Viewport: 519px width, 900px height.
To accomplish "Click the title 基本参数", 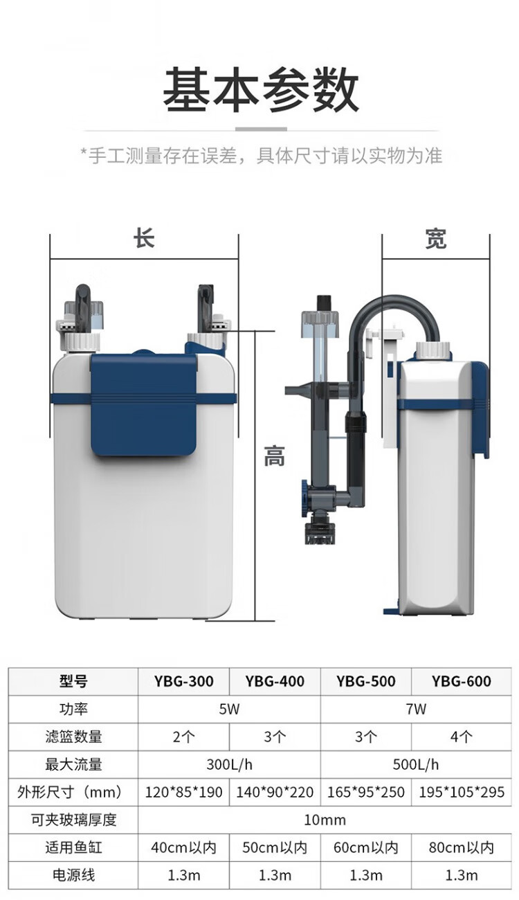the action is tap(260, 89).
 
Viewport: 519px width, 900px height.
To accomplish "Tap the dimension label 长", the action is tap(144, 238).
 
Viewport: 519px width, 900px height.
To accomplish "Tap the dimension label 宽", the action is tap(435, 239).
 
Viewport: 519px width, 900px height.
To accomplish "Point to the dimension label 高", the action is tap(274, 456).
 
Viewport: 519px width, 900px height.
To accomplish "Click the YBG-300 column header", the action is tap(183, 681).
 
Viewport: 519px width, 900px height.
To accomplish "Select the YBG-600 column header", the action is tap(461, 681).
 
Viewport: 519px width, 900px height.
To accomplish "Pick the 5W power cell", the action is tap(229, 709).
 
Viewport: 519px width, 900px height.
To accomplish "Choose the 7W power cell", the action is tap(416, 709).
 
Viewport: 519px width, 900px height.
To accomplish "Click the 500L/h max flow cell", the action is tap(416, 764).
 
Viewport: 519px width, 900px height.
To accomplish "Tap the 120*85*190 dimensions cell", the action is tap(183, 792).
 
